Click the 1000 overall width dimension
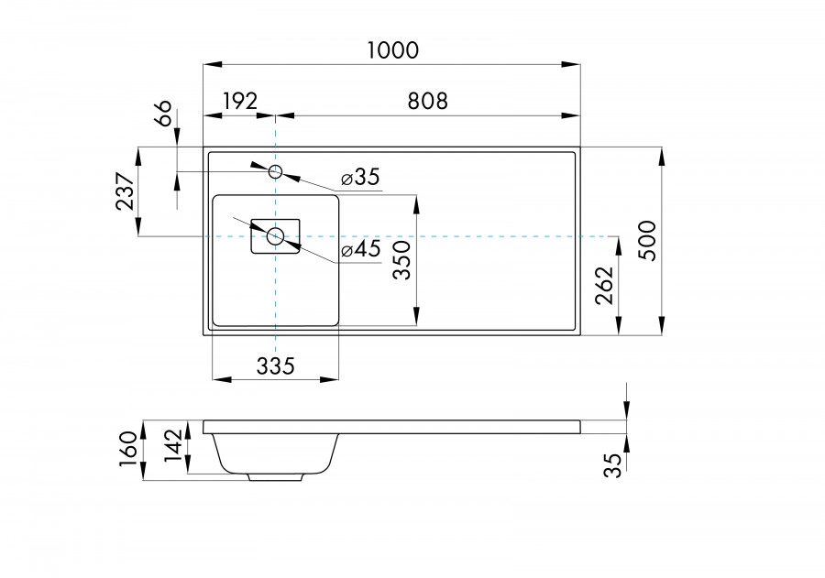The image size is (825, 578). tap(393, 50)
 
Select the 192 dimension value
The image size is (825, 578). tap(239, 101)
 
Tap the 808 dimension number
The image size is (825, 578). tap(427, 101)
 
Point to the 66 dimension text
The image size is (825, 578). tap(163, 115)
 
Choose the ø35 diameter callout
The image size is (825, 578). tap(359, 178)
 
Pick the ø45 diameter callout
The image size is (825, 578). tap(360, 250)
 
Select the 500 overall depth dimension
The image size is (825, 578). tap(648, 241)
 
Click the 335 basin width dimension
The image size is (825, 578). tap(275, 366)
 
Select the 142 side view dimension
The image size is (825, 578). tap(173, 448)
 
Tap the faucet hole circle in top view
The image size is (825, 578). tap(276, 171)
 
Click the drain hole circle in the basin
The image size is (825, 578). tap(276, 236)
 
